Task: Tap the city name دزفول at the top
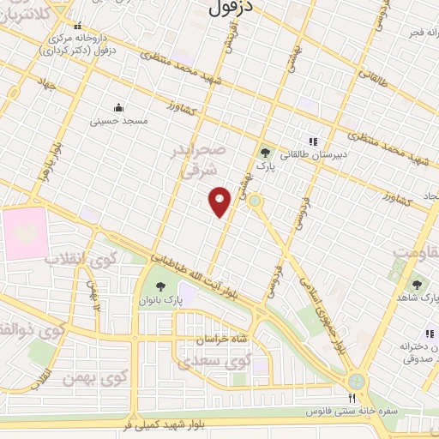point(232,8)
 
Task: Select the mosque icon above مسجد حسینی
point(118,108)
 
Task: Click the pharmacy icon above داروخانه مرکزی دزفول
point(79,27)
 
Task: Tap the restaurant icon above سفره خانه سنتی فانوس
point(350,399)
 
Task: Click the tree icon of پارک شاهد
point(417,284)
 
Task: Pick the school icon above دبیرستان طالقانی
point(313,141)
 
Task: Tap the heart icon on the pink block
point(21,233)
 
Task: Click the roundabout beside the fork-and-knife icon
point(357,380)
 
